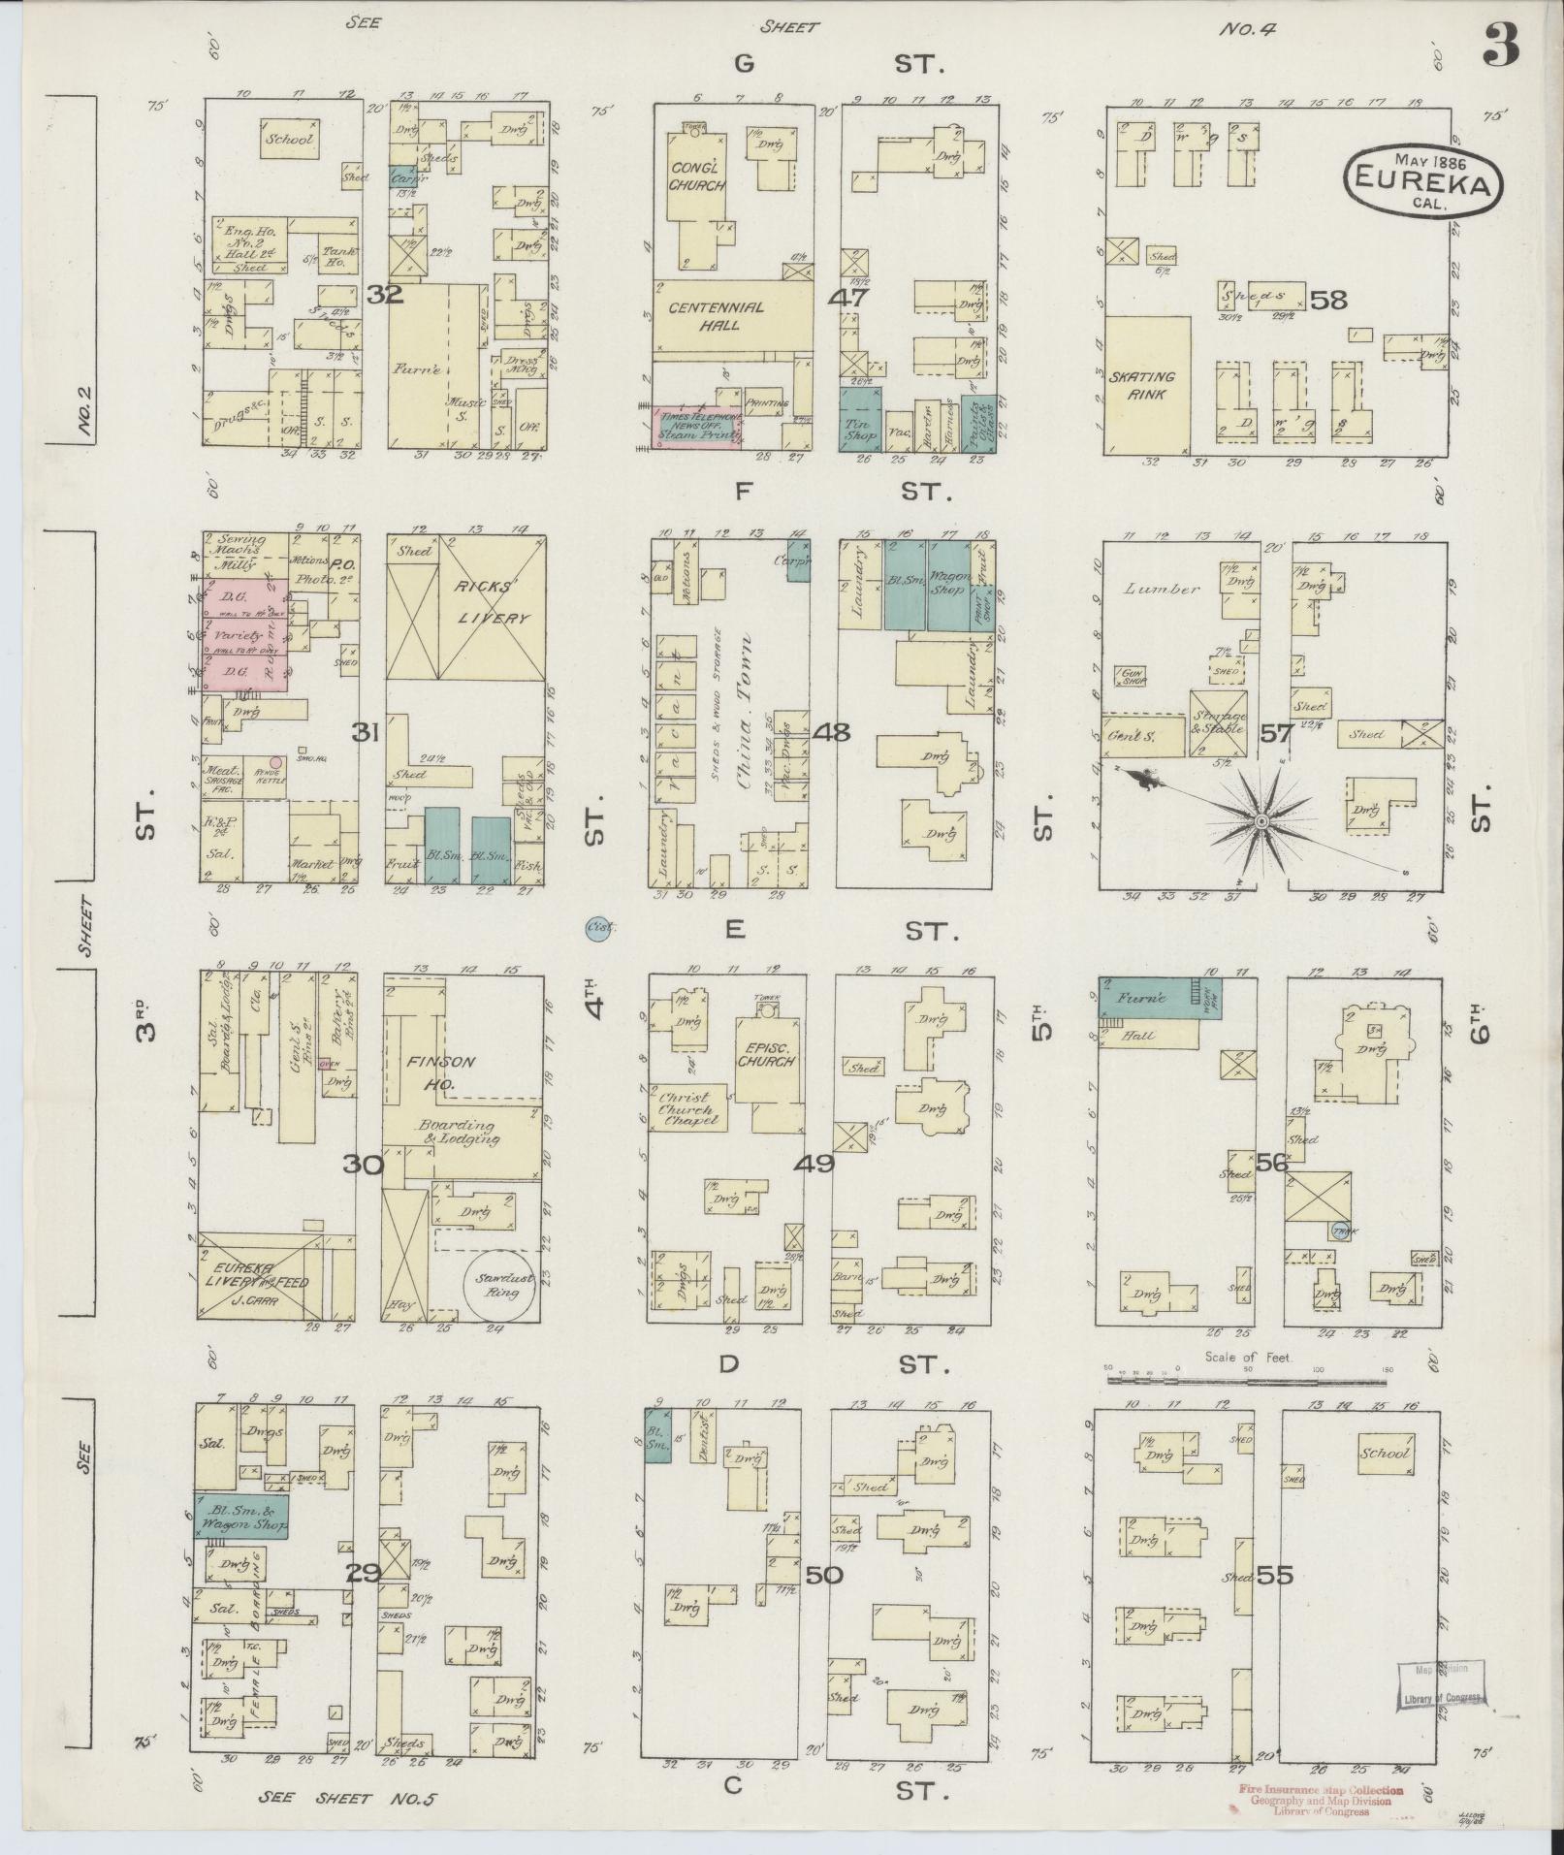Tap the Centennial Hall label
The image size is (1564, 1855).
coord(716,316)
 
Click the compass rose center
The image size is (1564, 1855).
coord(1261,821)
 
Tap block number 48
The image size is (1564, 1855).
coord(832,732)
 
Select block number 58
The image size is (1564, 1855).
coord(1327,301)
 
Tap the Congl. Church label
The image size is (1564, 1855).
coord(696,177)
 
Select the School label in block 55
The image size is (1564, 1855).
coord(1385,1454)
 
